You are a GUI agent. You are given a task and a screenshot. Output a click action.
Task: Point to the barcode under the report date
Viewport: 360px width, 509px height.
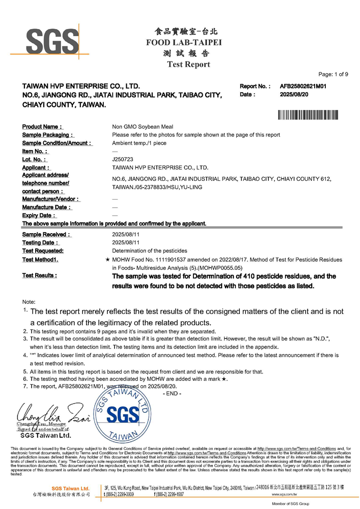[308, 115]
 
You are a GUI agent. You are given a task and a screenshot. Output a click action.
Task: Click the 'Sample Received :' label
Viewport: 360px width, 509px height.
[46, 235]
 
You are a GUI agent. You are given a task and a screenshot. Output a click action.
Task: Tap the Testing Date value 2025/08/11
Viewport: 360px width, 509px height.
[125, 243]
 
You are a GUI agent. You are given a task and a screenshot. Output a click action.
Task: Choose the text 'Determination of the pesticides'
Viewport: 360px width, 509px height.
[150, 251]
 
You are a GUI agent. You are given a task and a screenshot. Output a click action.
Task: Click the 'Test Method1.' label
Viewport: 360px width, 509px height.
[40, 260]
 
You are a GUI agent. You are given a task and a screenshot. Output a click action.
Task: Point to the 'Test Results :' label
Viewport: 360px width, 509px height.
[39, 275]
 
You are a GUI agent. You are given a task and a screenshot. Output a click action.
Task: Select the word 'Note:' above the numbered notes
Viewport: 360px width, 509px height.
[29, 302]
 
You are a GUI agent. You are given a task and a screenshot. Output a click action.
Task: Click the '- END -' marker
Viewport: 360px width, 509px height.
[172, 393]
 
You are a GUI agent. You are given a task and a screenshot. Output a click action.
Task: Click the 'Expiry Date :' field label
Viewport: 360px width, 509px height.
[39, 216]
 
